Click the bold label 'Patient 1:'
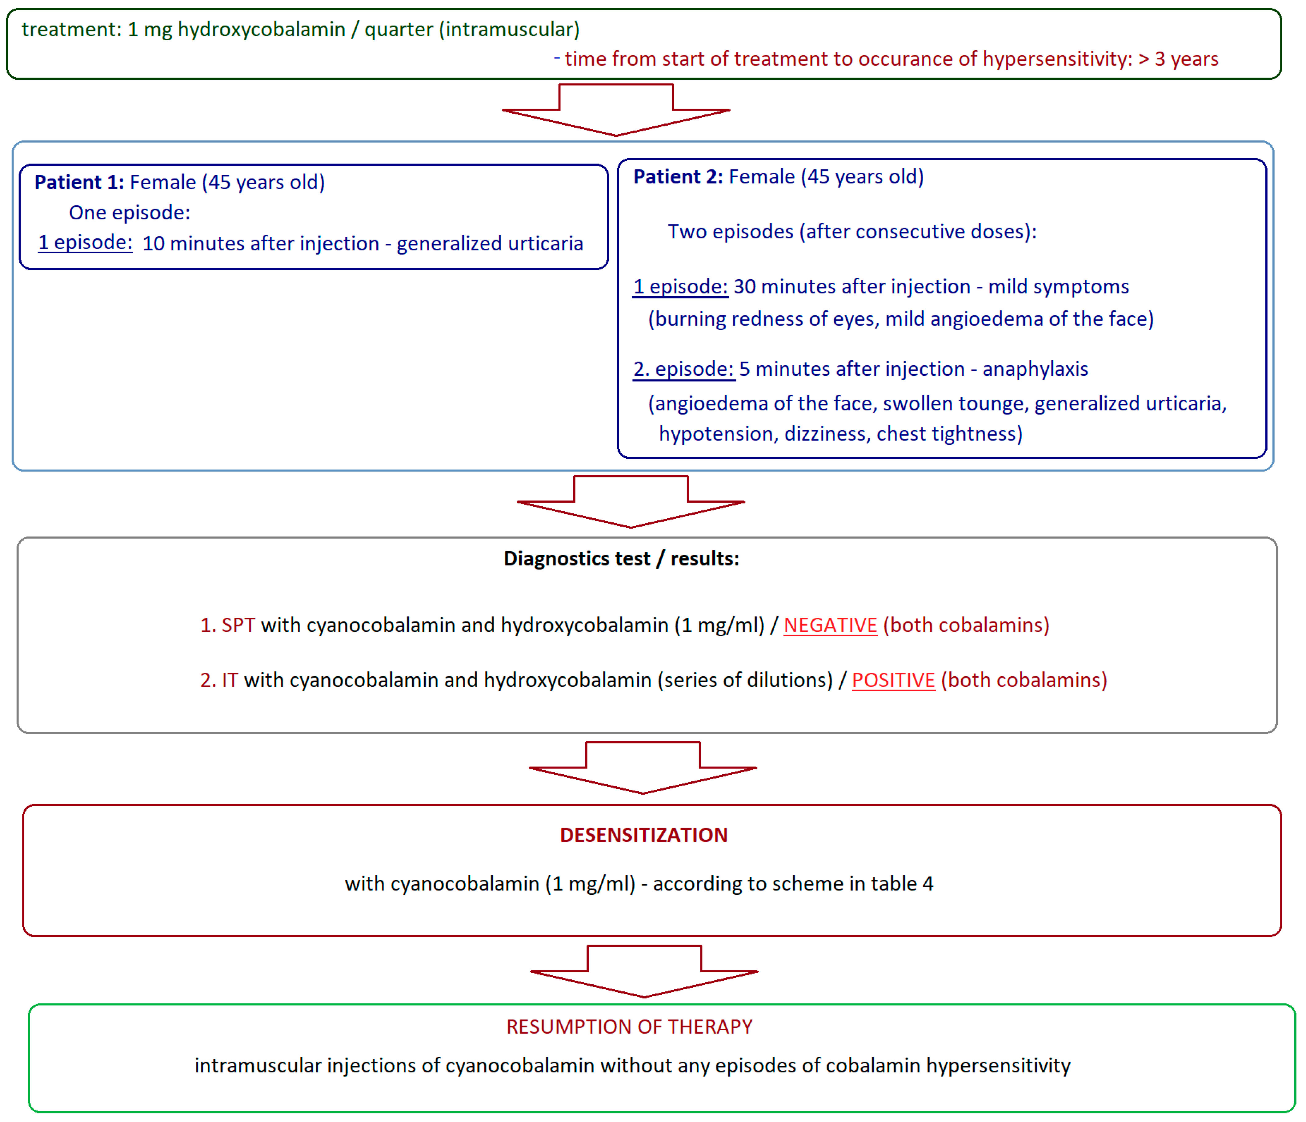pos(79,182)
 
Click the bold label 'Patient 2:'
pos(678,176)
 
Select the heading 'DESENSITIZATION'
pos(643,835)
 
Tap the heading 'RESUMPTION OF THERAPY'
pos(629,1027)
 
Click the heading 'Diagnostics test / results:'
pos(621,559)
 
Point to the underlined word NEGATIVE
pos(830,625)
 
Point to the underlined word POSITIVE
pos(893,680)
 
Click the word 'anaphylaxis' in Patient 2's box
pos(1035,369)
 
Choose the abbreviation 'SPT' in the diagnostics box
pos(238,625)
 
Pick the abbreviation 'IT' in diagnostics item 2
pos(230,680)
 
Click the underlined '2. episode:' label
pos(683,369)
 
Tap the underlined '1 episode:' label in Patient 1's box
pos(85,243)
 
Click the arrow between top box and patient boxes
pos(616,110)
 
